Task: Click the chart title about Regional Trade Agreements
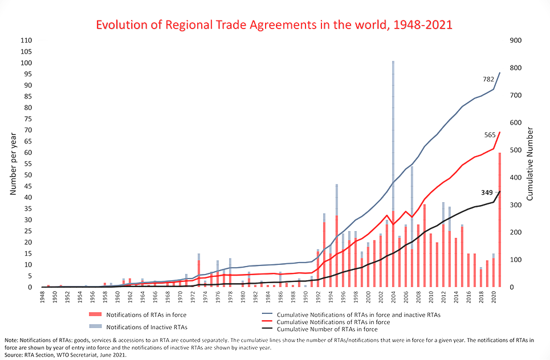point(274,25)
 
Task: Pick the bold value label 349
point(487,193)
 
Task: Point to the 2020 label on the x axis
point(494,297)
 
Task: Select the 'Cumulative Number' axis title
point(529,164)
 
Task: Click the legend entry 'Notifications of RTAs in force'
point(147,314)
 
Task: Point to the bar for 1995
point(337,234)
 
